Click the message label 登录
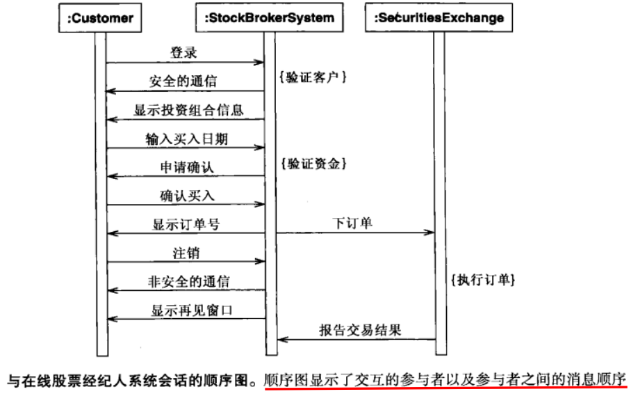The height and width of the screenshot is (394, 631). click(x=183, y=52)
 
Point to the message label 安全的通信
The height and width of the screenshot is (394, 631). click(x=183, y=81)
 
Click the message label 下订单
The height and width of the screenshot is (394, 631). click(x=352, y=223)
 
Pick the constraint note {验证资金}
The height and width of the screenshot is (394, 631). click(x=312, y=164)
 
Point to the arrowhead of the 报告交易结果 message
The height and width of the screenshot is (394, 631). click(x=281, y=340)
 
